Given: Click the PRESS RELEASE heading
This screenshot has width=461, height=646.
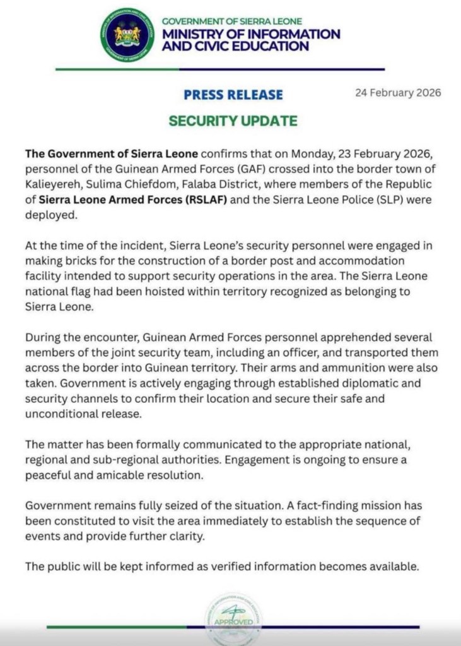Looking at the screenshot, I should click(233, 95).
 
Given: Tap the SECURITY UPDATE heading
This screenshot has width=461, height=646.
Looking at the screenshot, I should click(233, 121).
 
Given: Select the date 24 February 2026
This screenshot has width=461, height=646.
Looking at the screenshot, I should click(398, 93).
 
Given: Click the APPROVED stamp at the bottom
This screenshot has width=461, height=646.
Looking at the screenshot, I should click(233, 621).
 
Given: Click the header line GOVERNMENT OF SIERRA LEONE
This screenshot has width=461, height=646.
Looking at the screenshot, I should click(232, 21).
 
